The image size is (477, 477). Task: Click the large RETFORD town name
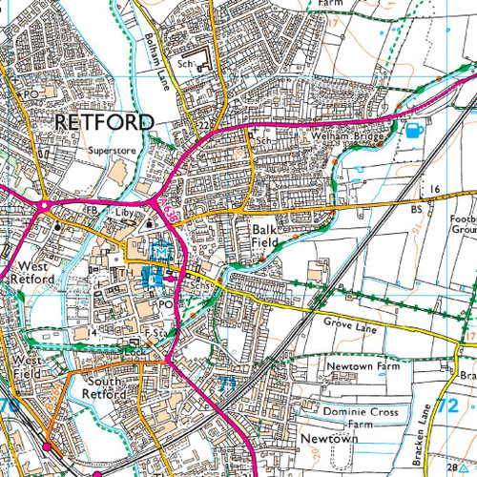click(103, 122)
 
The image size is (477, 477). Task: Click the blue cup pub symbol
click(414, 131)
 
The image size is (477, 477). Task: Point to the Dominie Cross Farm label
click(359, 416)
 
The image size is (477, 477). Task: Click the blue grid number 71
click(226, 384)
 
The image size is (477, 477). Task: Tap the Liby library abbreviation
click(128, 208)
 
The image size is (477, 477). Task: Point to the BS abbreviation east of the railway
click(416, 208)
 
